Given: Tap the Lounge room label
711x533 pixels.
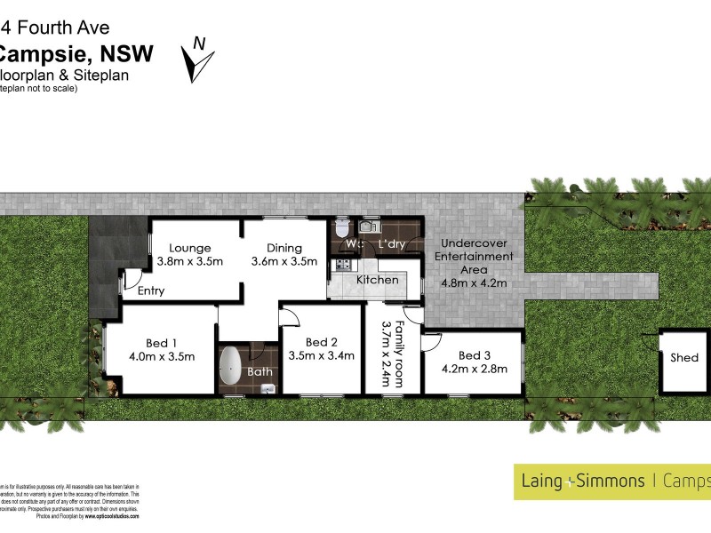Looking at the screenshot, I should pos(189,248).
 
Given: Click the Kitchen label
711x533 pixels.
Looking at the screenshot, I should pos(377,280).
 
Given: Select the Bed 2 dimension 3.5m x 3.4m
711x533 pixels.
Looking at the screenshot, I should pos(321,355).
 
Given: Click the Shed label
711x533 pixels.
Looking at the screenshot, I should pos(684,358).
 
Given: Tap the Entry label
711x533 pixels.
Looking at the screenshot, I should pos(150,290).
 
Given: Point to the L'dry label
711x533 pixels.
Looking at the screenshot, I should pos(392,243).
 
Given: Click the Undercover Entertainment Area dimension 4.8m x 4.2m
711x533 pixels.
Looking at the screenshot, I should pos(474,283).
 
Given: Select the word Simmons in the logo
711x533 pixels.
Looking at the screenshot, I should pos(610,481).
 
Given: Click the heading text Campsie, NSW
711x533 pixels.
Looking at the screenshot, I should pos(76,53).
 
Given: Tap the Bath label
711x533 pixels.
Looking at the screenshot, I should pos(260,371).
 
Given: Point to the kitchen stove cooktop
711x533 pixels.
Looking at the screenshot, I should pos(340,264).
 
